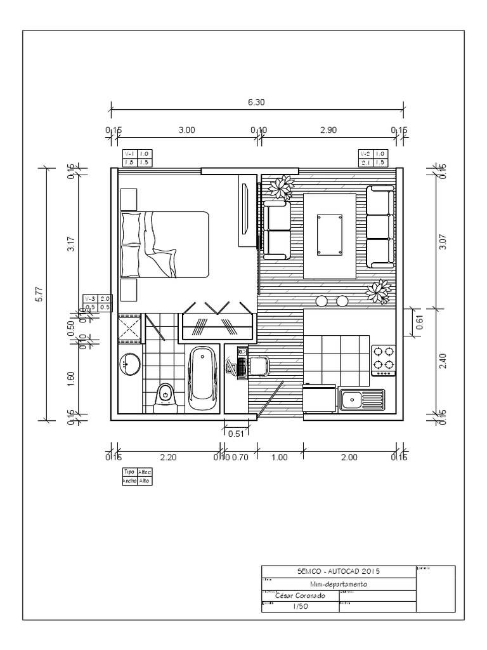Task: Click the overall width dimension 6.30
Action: tap(256, 102)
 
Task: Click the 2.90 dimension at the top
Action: tap(328, 130)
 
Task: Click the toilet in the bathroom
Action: tap(166, 396)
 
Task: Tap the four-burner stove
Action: tap(383, 358)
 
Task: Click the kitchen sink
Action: tap(358, 400)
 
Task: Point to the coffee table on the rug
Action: tap(330, 235)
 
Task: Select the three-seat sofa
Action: tap(379, 227)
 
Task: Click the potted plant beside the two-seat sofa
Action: tap(280, 187)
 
